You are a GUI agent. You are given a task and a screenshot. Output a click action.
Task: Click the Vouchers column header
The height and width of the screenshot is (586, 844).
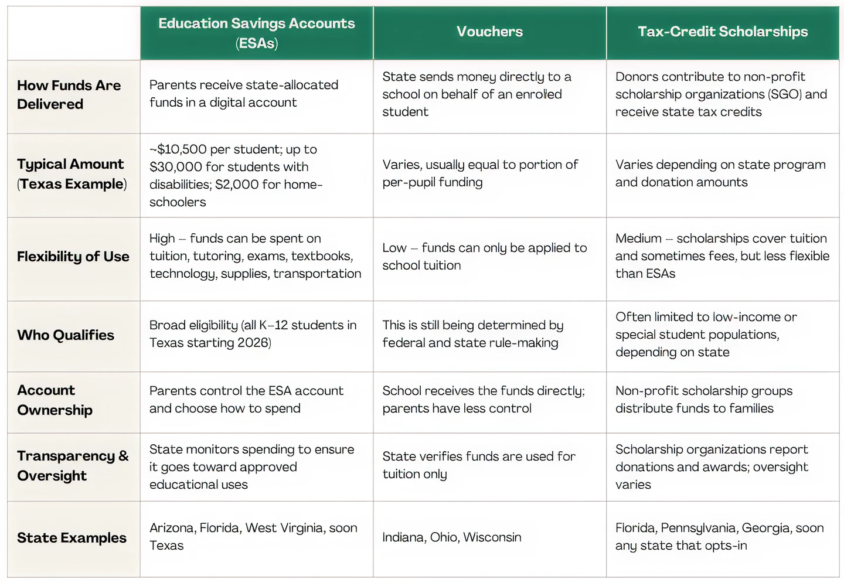click(x=489, y=32)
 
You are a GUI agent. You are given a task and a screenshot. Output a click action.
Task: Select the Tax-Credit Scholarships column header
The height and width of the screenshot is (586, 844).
click(x=722, y=32)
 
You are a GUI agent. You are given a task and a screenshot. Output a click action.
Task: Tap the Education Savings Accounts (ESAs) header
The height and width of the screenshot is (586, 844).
click(x=256, y=33)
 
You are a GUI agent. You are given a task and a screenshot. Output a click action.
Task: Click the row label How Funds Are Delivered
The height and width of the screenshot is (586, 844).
click(x=69, y=95)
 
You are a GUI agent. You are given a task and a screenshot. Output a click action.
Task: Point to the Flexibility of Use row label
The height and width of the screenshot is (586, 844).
click(x=73, y=257)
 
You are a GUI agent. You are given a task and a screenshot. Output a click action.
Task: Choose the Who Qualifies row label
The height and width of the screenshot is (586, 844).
click(x=66, y=335)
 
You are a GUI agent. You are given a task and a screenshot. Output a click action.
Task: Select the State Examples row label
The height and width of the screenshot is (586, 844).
click(x=72, y=538)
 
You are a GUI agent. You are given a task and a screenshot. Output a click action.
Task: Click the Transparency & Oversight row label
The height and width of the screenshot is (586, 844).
click(x=72, y=466)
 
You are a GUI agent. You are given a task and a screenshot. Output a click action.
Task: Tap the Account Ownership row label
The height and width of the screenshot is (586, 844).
click(x=55, y=400)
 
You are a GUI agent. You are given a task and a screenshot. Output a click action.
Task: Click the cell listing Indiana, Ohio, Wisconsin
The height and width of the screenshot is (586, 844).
click(x=451, y=537)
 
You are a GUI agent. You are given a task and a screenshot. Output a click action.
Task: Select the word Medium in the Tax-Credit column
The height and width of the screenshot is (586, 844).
click(x=638, y=239)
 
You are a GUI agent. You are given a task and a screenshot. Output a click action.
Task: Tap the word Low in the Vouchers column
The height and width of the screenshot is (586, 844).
click(x=394, y=248)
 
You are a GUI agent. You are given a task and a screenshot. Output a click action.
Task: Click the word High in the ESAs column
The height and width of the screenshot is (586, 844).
click(x=162, y=239)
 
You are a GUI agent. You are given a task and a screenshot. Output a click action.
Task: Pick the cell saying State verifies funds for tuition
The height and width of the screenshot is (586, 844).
click(x=478, y=465)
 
